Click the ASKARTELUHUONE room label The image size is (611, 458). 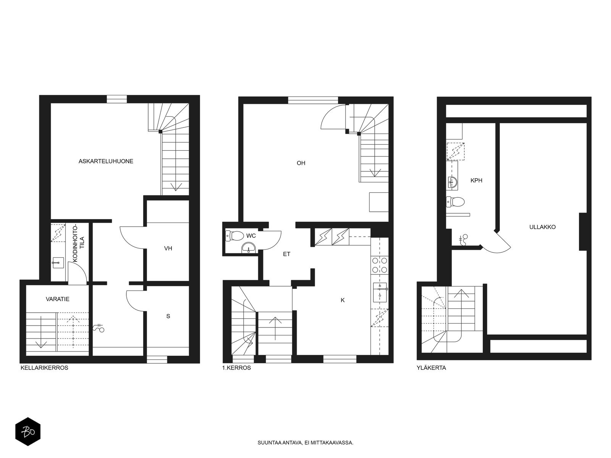[x=106, y=161]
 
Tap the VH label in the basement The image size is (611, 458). [x=168, y=248]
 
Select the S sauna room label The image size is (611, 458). [x=168, y=316]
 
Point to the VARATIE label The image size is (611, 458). [x=58, y=299]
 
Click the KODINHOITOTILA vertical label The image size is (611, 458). [x=78, y=244]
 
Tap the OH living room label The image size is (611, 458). [x=301, y=163]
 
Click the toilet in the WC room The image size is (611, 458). [x=234, y=236]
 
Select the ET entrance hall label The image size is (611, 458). [x=287, y=254]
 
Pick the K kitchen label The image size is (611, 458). [x=343, y=300]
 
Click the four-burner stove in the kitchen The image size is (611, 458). [x=380, y=265]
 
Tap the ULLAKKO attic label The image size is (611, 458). [x=542, y=227]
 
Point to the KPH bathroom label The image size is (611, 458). [x=476, y=181]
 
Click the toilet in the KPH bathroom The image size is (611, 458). [x=456, y=202]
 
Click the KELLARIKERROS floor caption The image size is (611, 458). [x=44, y=368]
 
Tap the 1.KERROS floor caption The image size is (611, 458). [x=236, y=368]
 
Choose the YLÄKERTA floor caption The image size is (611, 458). [x=431, y=368]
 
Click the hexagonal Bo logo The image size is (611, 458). [x=28, y=432]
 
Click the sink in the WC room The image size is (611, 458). [x=248, y=248]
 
